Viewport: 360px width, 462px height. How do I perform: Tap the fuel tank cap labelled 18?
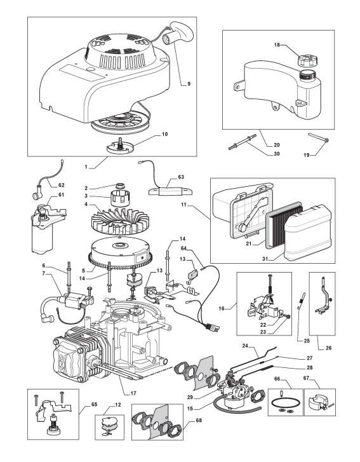(x=306, y=60)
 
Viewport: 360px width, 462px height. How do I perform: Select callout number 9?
(x=189, y=84)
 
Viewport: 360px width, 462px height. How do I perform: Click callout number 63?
(x=181, y=177)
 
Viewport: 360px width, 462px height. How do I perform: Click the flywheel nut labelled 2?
(x=119, y=186)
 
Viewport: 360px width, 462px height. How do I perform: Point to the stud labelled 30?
(x=243, y=142)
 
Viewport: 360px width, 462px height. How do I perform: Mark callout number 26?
(x=329, y=348)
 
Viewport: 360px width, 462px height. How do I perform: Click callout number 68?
(x=199, y=420)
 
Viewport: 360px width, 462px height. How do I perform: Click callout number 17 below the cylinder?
(x=133, y=393)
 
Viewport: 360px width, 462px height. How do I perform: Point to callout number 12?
(x=117, y=405)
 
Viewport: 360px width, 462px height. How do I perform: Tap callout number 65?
(x=94, y=405)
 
